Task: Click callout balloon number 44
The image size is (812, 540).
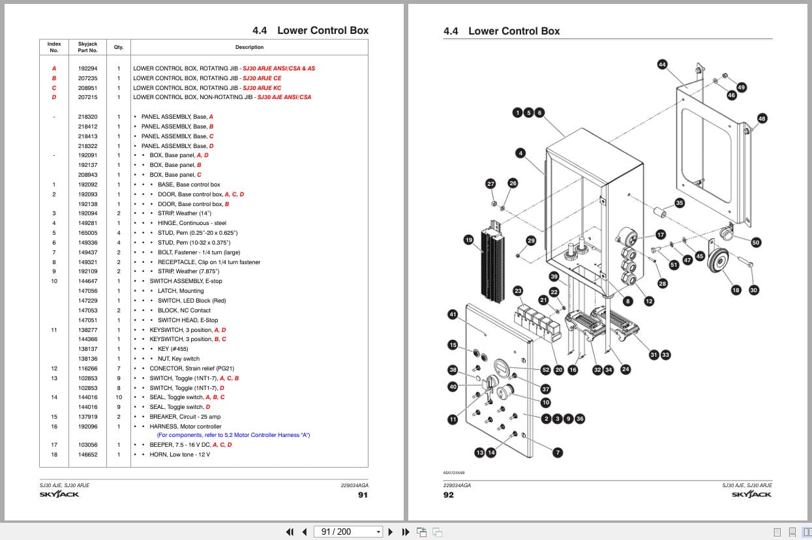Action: pos(662,65)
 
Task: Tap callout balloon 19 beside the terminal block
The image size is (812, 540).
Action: pos(468,240)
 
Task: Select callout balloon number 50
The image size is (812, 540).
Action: pos(756,243)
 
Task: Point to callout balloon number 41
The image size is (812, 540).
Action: pos(453,314)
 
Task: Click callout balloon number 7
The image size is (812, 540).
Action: pos(558,452)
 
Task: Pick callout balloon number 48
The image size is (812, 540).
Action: pos(762,119)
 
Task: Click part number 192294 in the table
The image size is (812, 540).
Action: pos(87,68)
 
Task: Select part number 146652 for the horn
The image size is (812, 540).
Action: pos(87,455)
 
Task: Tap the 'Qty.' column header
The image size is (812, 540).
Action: pos(119,47)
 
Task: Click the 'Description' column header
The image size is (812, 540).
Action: pos(249,47)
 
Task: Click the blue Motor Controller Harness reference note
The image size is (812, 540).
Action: pos(233,435)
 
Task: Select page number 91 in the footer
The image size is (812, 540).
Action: pos(363,495)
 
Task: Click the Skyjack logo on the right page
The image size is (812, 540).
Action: pos(751,494)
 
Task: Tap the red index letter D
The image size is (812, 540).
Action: pos(54,97)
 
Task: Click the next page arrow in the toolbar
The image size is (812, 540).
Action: pos(391,532)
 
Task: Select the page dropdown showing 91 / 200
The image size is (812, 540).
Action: pos(348,532)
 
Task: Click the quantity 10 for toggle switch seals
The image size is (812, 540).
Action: pos(119,397)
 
